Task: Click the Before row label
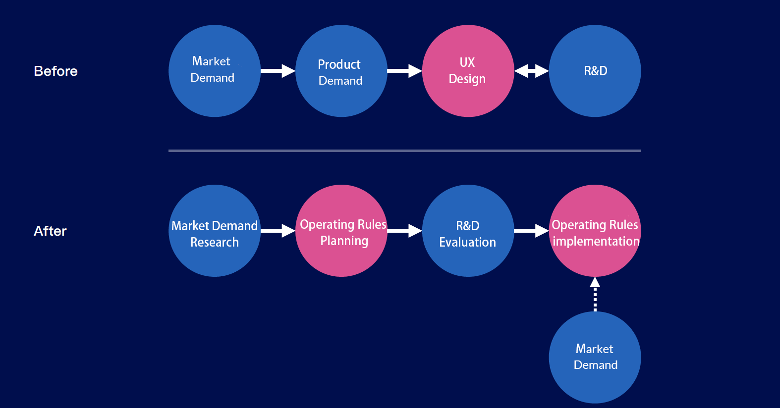point(56,71)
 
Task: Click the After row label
point(50,231)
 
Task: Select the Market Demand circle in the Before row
point(215,71)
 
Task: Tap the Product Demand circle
point(341,71)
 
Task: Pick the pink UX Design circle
point(468,71)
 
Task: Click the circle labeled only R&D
point(595,71)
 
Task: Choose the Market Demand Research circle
point(215,231)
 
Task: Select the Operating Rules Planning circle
point(341,231)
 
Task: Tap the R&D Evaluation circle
point(468,231)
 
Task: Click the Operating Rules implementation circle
point(595,231)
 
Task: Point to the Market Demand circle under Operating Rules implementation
point(595,357)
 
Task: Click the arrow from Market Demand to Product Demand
point(278,71)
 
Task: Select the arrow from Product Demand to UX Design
point(405,71)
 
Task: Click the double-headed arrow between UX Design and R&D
point(531,71)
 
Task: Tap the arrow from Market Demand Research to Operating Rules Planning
point(278,231)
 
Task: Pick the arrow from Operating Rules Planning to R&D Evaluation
point(405,231)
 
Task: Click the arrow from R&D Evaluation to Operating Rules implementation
point(531,231)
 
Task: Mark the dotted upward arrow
point(595,294)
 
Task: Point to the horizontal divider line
point(405,151)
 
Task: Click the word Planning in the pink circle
point(344,241)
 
